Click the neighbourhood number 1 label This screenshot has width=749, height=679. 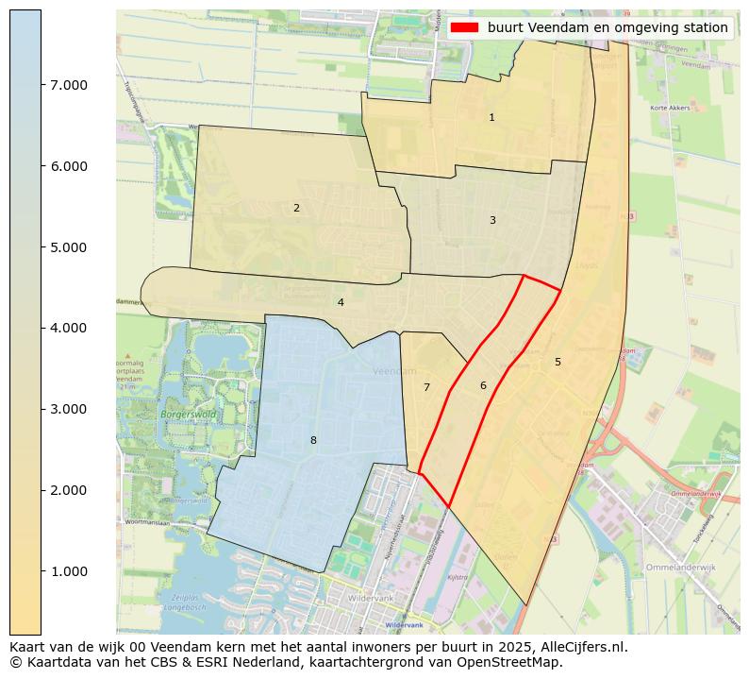tap(491, 118)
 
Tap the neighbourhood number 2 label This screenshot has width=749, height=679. tap(296, 208)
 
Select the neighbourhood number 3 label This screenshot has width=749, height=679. tap(492, 220)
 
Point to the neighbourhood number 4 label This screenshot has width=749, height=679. tap(341, 303)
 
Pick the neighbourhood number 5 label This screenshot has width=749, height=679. tap(558, 362)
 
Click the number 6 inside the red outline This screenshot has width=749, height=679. tap(483, 385)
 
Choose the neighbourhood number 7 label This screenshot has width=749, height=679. tap(426, 387)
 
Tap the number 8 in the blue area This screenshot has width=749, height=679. tap(313, 440)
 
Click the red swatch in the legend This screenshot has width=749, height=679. tap(465, 28)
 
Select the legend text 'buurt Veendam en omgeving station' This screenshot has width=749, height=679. tap(608, 28)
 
